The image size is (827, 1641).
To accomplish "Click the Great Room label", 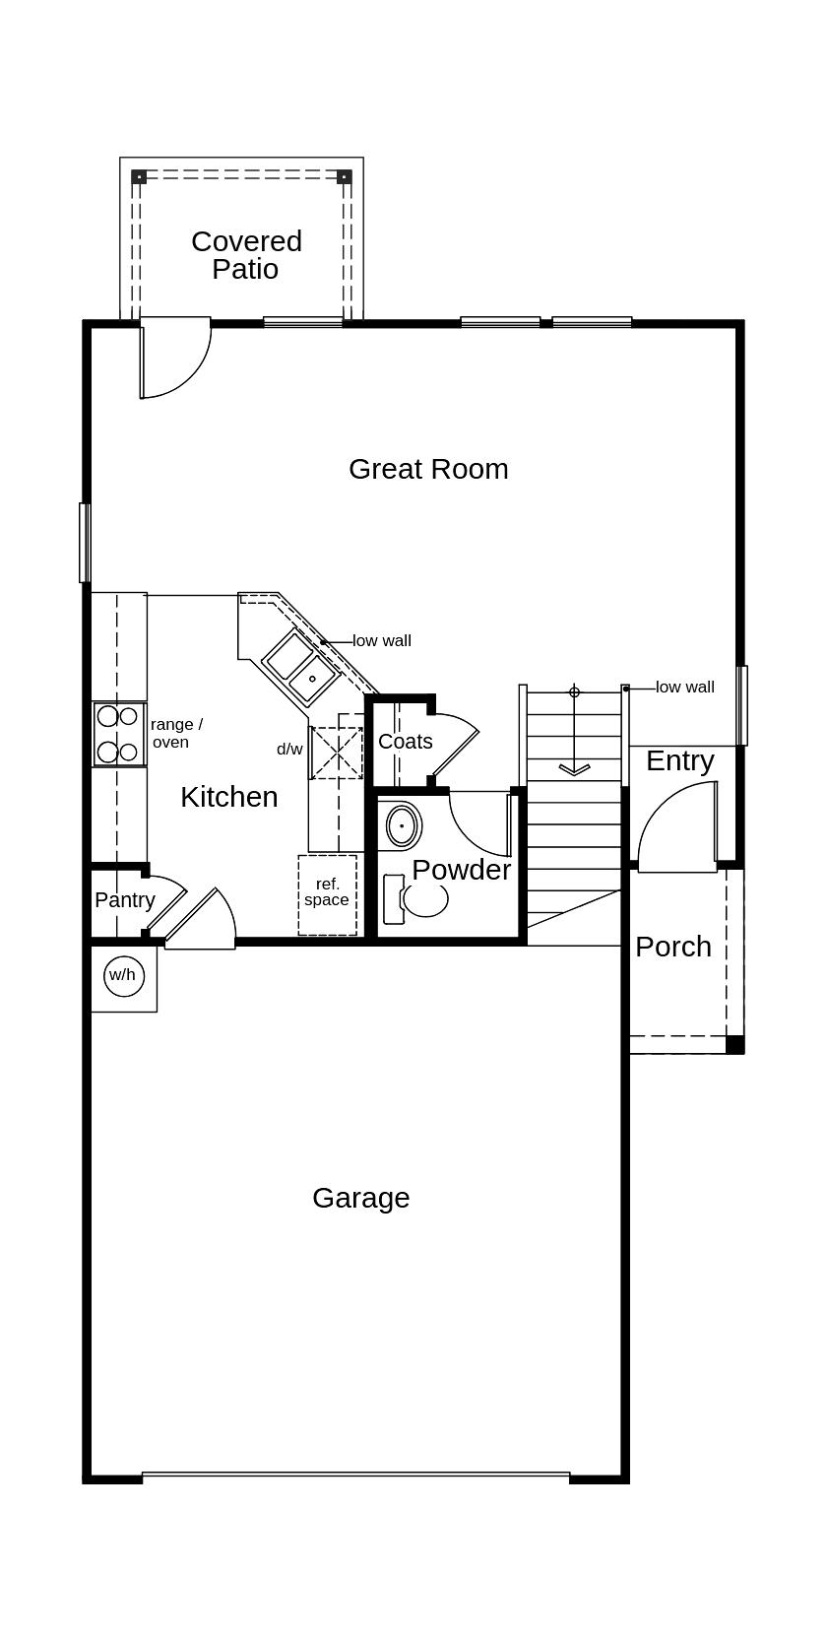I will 428,469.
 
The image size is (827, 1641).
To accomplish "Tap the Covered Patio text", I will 246,255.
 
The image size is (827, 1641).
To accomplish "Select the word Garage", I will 360,1198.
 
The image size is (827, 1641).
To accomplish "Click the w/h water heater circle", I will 123,975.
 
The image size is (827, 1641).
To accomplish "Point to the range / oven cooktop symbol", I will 118,734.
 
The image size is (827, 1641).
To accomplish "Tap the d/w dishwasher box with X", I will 336,753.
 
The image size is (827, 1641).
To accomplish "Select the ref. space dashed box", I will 327,894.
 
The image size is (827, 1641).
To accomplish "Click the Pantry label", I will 125,900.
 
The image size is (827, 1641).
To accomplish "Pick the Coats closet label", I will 405,742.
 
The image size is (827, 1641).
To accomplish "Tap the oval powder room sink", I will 402,825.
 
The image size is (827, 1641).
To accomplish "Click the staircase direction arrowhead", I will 574,769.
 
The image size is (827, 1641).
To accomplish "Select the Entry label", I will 679,760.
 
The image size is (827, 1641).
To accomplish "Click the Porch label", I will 672,947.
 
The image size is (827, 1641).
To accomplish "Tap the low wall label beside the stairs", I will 685,688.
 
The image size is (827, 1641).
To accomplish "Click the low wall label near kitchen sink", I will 382,641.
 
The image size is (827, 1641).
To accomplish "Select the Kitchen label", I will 228,797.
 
